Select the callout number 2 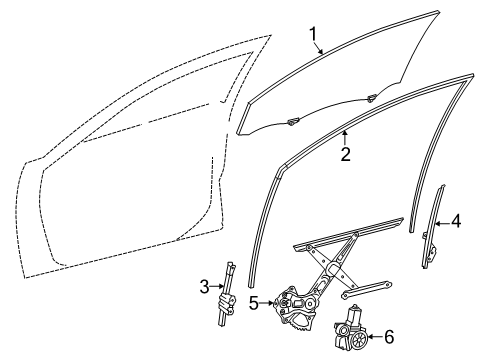tap(345, 155)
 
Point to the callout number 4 tap(455, 249)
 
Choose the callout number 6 tap(390, 338)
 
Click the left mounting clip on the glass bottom tap(294, 122)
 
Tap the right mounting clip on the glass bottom tap(372, 97)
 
